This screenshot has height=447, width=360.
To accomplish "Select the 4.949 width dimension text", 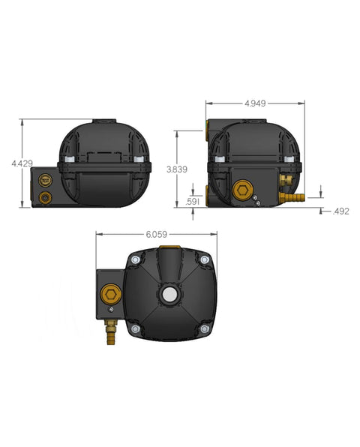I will click(x=255, y=103).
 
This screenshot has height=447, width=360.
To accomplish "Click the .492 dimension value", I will click(x=340, y=211).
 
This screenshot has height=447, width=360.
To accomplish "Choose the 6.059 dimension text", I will click(x=156, y=235).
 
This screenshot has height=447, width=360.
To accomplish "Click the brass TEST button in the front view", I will click(x=46, y=180).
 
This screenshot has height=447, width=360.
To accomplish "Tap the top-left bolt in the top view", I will click(x=135, y=259).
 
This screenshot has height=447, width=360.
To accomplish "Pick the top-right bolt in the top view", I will click(x=203, y=259).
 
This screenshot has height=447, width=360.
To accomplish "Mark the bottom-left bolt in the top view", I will click(x=135, y=328).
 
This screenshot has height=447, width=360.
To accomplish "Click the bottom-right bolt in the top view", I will click(x=203, y=328).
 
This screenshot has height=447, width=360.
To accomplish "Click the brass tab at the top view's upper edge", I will click(x=169, y=247).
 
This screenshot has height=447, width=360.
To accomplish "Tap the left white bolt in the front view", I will click(x=68, y=160).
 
